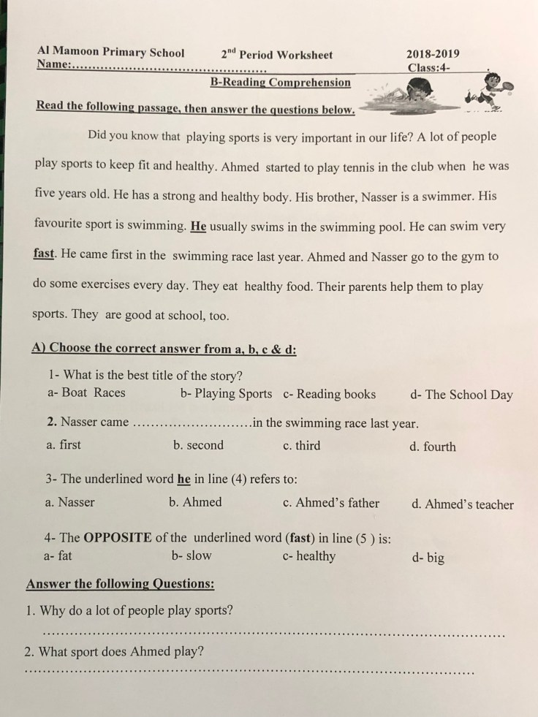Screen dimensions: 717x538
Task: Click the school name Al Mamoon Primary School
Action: coord(110,53)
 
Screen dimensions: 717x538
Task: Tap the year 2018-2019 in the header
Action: coord(433,54)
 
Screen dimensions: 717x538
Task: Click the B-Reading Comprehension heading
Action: coord(280,83)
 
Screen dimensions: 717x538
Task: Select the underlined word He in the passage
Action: coord(198,226)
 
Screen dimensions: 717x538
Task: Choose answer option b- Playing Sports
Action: coord(226,393)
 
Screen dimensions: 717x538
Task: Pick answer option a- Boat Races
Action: coord(86,392)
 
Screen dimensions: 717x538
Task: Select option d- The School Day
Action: coord(461,395)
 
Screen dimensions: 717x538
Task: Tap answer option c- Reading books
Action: coord(330,394)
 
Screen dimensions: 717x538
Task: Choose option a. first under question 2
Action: coord(64,444)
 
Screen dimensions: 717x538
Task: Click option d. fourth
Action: coord(432,447)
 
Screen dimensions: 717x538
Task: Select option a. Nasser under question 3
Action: coord(70,502)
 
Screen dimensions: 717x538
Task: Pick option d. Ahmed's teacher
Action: coord(462,504)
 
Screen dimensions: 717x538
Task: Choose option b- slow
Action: coord(192,555)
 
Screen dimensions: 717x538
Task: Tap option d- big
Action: coord(428,558)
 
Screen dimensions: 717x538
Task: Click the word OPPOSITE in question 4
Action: coord(118,538)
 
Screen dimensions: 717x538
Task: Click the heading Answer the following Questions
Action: coord(120,583)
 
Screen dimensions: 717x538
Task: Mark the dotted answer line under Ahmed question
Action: coord(249,671)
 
